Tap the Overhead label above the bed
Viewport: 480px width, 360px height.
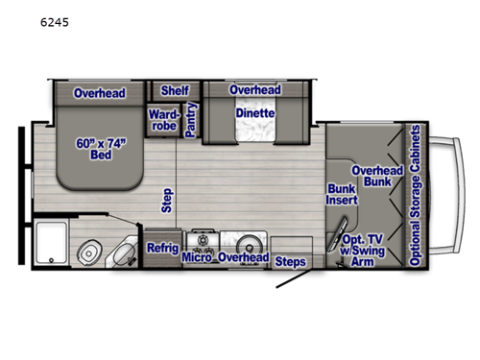click(100, 93)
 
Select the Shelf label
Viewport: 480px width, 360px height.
click(175, 90)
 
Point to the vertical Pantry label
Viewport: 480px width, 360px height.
click(191, 120)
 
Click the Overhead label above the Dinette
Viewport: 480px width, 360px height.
click(254, 90)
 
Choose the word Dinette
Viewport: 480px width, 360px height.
click(254, 112)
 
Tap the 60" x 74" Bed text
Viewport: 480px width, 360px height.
click(100, 151)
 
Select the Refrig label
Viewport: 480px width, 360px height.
click(162, 249)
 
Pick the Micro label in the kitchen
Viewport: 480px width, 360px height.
click(197, 257)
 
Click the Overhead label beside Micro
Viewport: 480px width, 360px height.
click(242, 257)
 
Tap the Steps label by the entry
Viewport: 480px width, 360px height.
click(290, 259)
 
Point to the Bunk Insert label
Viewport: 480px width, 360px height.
click(341, 195)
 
